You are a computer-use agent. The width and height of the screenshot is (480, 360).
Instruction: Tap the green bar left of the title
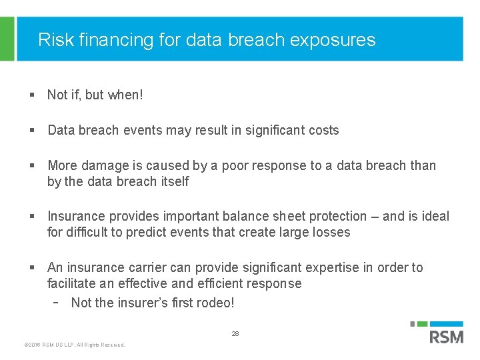pos(7,39)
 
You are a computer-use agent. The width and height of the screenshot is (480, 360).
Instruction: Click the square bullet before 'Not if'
pos(31,95)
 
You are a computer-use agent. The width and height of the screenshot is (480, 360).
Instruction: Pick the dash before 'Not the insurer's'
pos(57,302)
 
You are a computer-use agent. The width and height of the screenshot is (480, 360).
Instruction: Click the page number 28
pos(235,333)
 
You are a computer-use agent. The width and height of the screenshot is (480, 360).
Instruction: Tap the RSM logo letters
pos(446,336)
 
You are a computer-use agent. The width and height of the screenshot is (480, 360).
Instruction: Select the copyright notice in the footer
pos(74,345)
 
